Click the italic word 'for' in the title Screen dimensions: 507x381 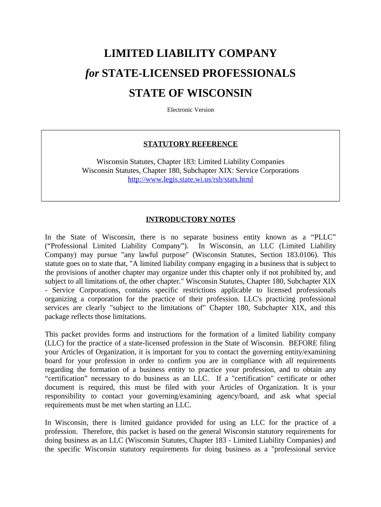93,73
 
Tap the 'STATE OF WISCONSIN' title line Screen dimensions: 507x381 190,93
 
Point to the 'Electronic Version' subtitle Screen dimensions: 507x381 190,110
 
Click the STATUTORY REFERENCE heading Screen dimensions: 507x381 190,144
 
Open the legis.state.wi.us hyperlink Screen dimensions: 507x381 190,179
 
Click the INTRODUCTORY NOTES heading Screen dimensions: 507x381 190,219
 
